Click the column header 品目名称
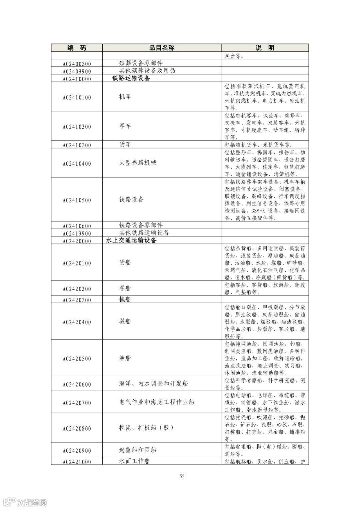coord(162,48)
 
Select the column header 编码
coord(77,48)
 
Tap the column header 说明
coord(265,48)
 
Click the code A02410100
coord(77,98)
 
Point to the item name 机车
coord(125,97)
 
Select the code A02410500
coord(77,200)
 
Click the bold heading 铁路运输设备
coord(131,78)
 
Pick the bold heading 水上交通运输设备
coord(131,240)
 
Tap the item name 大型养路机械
coord(138,163)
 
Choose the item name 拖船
coord(125,299)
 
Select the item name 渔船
coord(125,358)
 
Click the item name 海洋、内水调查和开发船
coord(153,384)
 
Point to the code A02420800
coord(77,429)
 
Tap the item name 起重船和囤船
coord(138,450)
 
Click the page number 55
coord(182,476)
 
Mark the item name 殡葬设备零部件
coord(141,63)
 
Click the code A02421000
coord(77,462)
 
